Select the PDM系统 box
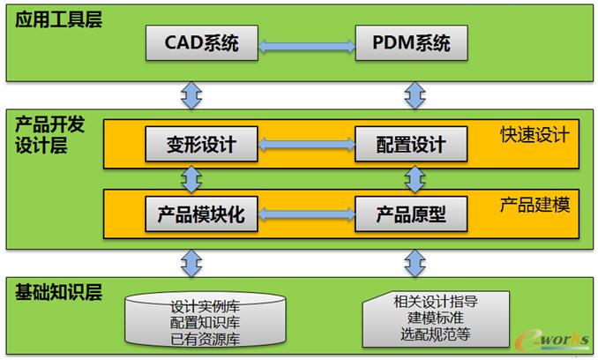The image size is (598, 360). click(411, 42)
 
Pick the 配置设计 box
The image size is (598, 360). click(411, 143)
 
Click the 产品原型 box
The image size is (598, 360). click(411, 213)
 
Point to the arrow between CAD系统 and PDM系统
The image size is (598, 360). click(306, 42)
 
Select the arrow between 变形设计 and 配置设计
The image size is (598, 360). click(306, 143)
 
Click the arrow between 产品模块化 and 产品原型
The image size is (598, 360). click(306, 213)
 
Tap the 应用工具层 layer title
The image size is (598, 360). click(59, 19)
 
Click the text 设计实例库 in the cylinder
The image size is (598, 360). click(205, 308)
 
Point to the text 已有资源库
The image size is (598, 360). click(205, 339)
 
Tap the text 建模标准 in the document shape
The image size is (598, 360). click(433, 316)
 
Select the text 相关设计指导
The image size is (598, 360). click(433, 300)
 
